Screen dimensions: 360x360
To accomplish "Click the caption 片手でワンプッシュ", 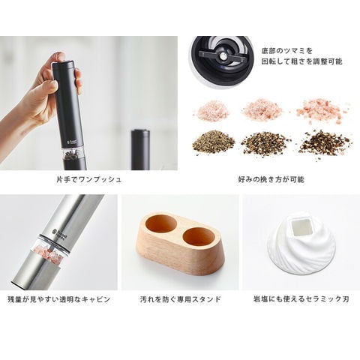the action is [89, 179].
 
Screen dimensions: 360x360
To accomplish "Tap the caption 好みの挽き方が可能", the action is [271, 179].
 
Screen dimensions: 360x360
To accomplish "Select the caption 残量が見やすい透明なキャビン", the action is [59, 299].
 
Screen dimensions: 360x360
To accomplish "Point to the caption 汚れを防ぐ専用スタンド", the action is [181, 299].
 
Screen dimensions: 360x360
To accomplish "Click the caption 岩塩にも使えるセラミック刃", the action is [301, 299].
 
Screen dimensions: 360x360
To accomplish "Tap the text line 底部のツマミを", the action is [287, 51].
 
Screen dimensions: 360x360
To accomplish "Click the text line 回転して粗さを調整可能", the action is [301, 61].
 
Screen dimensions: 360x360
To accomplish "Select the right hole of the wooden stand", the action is [199, 237].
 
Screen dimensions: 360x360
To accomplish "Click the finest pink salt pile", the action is [211, 110].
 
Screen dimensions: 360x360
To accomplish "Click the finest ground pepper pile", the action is [213, 142].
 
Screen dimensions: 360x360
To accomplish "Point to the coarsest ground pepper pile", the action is [325, 144].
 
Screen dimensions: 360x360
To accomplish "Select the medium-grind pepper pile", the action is [262, 144].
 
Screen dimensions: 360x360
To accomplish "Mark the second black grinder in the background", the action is [140, 149].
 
